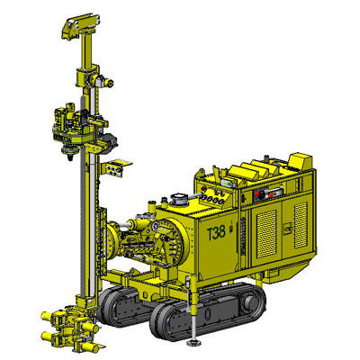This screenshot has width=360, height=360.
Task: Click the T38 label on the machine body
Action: (x=216, y=232)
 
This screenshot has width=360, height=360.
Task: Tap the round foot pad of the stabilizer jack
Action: (x=193, y=342)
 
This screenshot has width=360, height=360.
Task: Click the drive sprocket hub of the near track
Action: (x=249, y=303)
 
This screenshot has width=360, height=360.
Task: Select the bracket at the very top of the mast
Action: (x=80, y=26)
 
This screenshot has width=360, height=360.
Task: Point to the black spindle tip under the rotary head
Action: (x=70, y=157)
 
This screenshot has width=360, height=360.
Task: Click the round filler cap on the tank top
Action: (x=179, y=199)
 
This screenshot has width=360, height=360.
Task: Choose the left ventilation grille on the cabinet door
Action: (x=266, y=229)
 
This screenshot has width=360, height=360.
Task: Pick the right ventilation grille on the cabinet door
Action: (x=301, y=225)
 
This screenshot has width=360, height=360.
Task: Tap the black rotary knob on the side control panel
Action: (x=261, y=193)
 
